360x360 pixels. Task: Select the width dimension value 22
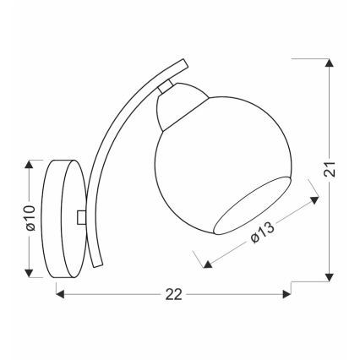coord(172,294)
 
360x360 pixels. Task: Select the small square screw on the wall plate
coord(80,217)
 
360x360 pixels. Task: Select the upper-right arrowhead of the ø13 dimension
coord(316,198)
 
